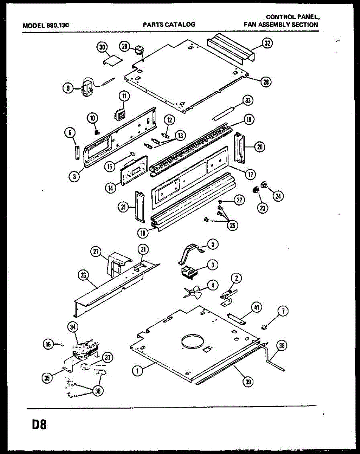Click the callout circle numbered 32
coord(267,43)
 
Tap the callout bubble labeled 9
coord(68,88)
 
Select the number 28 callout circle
coord(266,82)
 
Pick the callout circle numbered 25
coord(233,225)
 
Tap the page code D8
coord(39,424)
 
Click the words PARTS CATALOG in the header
coord(169,25)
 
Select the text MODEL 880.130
coord(45,25)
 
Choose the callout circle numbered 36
coord(98,391)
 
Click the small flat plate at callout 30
coord(113,61)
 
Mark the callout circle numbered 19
coord(249,120)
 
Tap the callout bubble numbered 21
coord(123,207)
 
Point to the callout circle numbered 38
coord(282,345)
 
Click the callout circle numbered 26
coord(83,275)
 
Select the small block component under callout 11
coord(120,115)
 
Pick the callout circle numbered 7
coord(283,311)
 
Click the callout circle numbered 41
coord(256,307)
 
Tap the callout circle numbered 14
coord(111,188)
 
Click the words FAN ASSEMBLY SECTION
coord(281,25)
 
